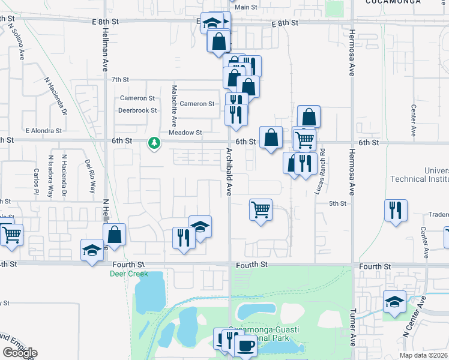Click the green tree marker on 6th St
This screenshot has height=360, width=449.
155,143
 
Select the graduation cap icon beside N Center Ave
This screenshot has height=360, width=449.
394,302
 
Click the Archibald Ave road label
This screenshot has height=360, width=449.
229,171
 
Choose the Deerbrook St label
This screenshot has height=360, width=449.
137,110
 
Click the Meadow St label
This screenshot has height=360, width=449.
185,133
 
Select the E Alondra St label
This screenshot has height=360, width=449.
43,130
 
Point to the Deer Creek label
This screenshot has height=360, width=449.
127,274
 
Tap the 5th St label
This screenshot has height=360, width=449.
338,203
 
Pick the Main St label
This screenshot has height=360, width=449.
246,7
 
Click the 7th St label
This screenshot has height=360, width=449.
120,79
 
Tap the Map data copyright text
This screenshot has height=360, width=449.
423,355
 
